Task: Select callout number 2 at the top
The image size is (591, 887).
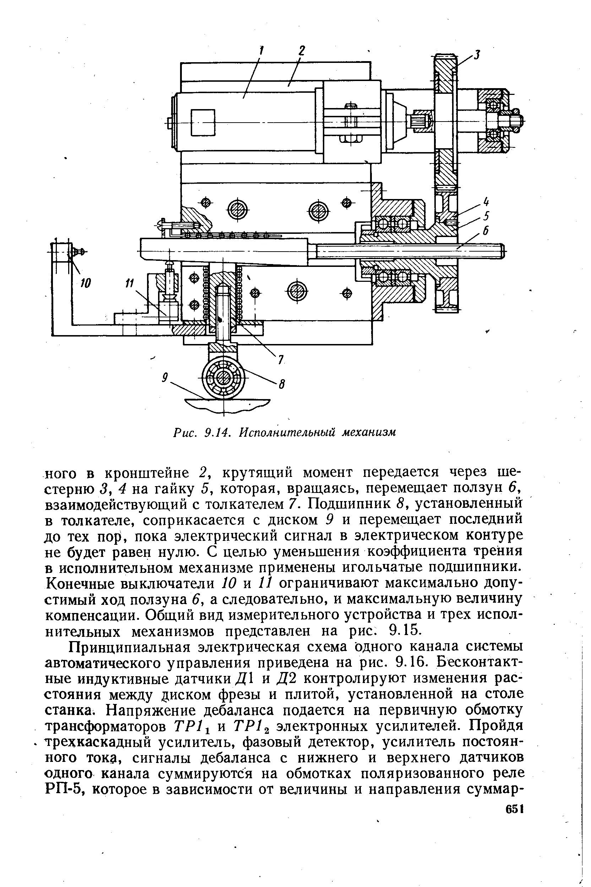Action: click(302, 50)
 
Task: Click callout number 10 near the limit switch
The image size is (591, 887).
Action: click(86, 283)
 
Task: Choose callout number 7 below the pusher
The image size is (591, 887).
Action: click(281, 360)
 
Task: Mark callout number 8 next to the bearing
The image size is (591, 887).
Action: click(281, 384)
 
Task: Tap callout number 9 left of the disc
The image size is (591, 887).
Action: click(164, 377)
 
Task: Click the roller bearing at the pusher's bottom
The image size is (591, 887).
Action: click(223, 377)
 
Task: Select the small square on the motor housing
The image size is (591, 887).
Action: click(203, 123)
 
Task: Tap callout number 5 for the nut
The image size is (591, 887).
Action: click(486, 216)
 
